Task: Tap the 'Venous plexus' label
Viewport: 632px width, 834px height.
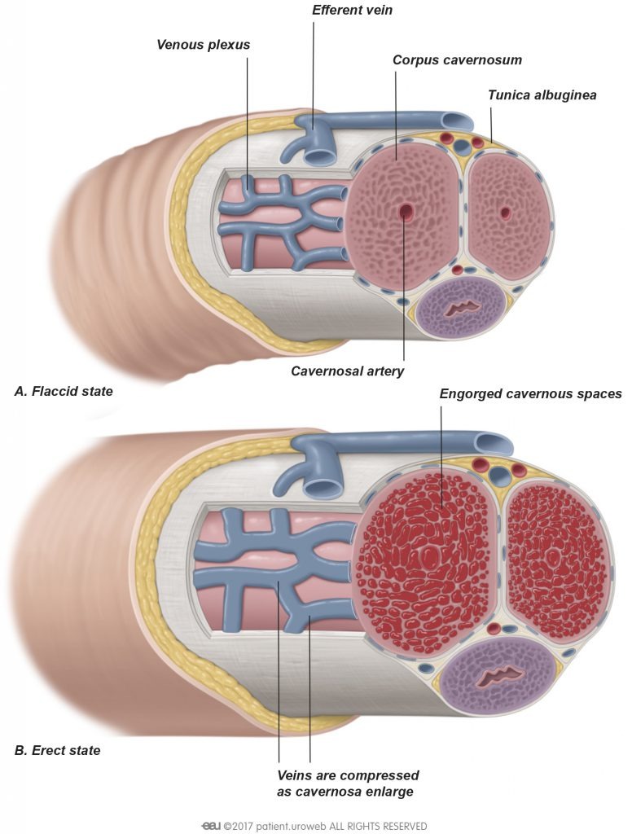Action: tap(203, 44)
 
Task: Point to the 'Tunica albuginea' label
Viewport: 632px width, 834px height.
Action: tap(542, 95)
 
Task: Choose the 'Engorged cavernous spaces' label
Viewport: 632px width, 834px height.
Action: tap(530, 394)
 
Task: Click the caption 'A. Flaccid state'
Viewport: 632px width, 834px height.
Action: tap(64, 392)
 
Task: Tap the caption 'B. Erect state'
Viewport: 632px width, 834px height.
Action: tap(57, 750)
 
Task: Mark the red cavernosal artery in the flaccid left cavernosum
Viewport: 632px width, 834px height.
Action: tap(405, 212)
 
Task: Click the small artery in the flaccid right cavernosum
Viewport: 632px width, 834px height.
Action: tap(506, 213)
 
